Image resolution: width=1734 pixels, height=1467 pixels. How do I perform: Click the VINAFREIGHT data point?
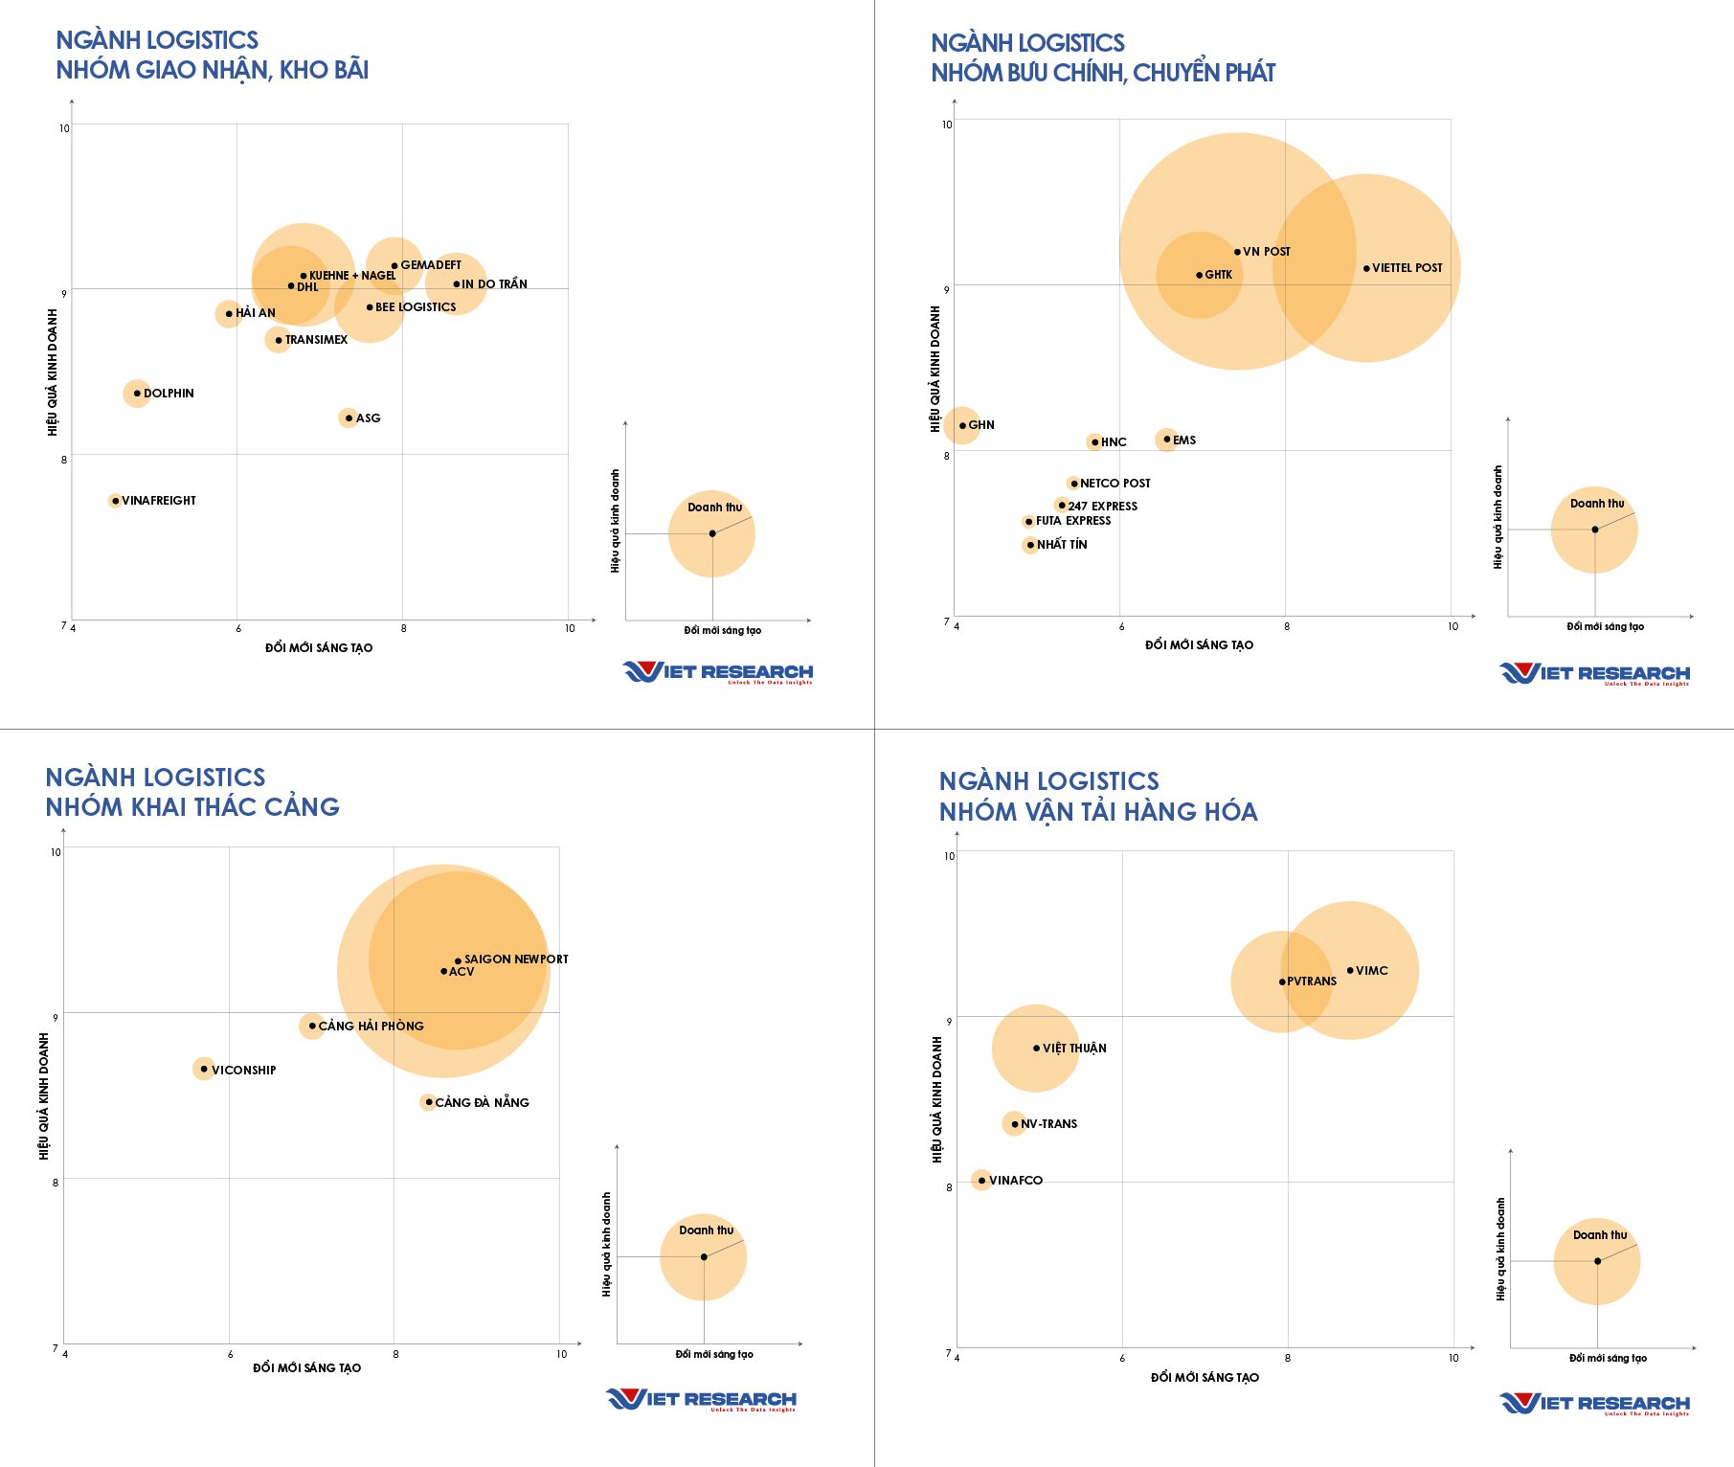click(115, 501)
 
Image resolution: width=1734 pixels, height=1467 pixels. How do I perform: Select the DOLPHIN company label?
click(169, 394)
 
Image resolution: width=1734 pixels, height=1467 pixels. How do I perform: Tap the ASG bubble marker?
click(349, 418)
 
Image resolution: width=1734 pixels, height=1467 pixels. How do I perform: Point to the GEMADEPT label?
click(431, 265)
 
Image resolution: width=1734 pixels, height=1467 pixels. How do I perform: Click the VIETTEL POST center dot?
click(1366, 268)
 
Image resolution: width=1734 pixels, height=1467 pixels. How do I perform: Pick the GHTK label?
click(1219, 275)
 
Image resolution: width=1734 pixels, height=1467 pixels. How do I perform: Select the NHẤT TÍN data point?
click(1030, 545)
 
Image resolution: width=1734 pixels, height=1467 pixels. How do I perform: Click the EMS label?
click(1184, 440)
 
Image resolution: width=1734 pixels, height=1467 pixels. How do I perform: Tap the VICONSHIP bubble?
click(204, 1069)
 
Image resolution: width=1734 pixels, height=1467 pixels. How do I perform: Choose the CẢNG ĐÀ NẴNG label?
click(482, 1102)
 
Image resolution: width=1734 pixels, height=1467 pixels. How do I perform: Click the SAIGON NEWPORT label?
click(516, 959)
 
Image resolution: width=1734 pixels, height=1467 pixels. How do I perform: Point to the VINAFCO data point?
click(981, 1180)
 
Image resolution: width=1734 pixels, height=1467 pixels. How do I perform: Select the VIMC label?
click(1371, 971)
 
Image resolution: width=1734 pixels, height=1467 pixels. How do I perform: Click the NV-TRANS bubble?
click(1015, 1124)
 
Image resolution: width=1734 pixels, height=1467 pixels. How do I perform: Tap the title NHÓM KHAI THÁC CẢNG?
click(192, 807)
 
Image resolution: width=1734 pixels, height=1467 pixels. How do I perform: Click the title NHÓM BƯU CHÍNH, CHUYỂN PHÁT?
click(1103, 73)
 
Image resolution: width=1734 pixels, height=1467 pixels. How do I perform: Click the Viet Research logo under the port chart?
click(701, 1400)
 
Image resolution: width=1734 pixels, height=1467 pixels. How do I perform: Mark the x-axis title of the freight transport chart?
click(1205, 1377)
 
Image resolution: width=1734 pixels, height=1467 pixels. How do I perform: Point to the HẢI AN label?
click(256, 313)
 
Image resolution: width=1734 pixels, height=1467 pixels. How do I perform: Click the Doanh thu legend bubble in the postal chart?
click(1594, 530)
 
